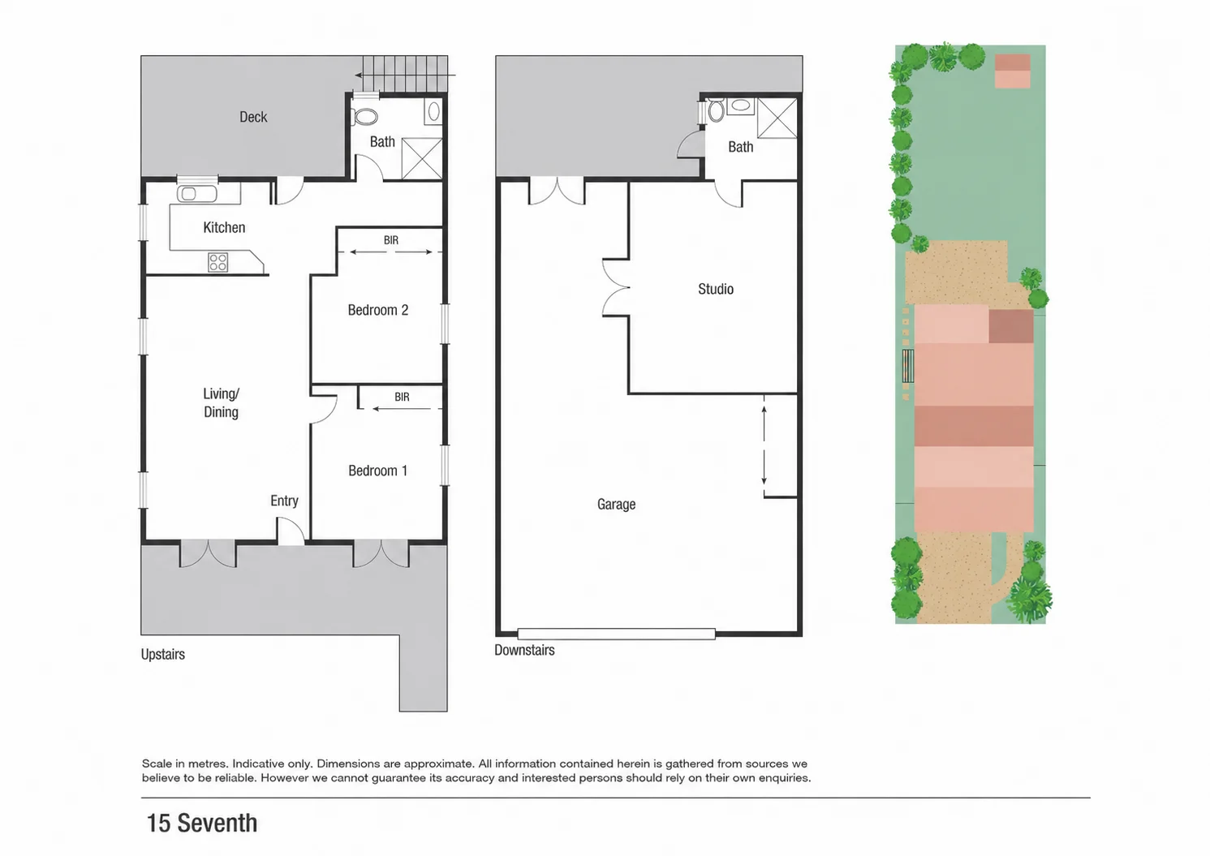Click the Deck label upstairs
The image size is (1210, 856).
[253, 117]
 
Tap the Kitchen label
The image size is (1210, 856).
[224, 227]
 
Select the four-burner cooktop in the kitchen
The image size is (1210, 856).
[217, 262]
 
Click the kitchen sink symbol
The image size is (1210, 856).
[196, 193]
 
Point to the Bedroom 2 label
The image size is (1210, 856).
[378, 310]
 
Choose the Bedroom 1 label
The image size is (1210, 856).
[377, 471]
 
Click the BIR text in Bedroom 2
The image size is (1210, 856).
[391, 240]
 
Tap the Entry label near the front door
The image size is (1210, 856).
[284, 501]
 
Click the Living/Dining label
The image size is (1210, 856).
[221, 403]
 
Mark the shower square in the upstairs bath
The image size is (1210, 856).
[422, 159]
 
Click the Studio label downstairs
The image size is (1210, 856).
[716, 289]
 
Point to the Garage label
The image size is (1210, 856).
[616, 505]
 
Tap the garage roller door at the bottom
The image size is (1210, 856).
[616, 634]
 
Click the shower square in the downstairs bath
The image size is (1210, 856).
[777, 118]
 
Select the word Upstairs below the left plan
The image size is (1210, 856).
[162, 655]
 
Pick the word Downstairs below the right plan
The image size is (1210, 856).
[524, 650]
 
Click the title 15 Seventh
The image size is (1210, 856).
[202, 823]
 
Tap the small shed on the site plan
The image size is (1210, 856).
[1013, 71]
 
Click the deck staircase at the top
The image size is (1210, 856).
[405, 74]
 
